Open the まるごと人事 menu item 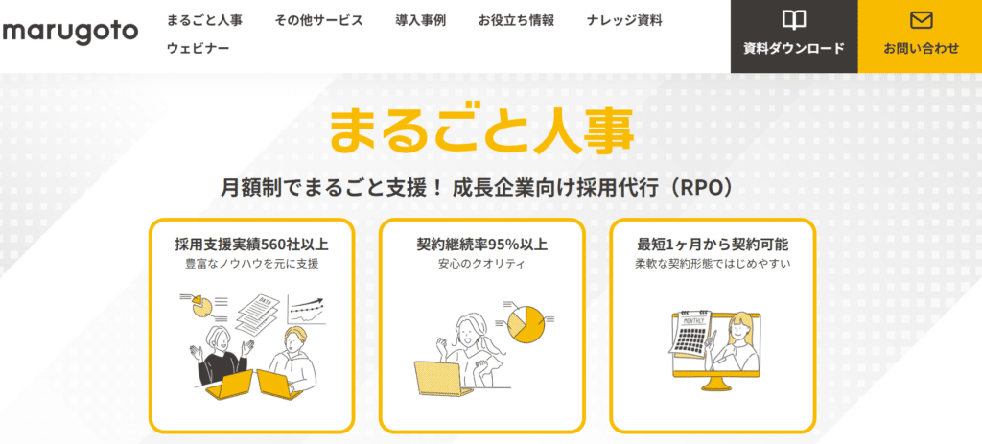tap(204, 20)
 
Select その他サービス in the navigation tap(318, 20)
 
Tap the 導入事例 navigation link tap(420, 20)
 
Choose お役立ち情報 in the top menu tap(516, 20)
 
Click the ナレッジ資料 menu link tap(624, 20)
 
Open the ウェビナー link tap(198, 48)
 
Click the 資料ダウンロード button tap(793, 36)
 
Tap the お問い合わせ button tap(920, 36)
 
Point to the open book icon tap(793, 21)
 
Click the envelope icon tap(921, 21)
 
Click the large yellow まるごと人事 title tap(481, 130)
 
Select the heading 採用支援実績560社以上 tap(252, 244)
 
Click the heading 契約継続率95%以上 tap(481, 244)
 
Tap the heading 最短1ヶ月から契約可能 tap(713, 244)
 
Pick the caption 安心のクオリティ tap(481, 265)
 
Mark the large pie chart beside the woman tap(526, 325)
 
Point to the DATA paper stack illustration tap(260, 312)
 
